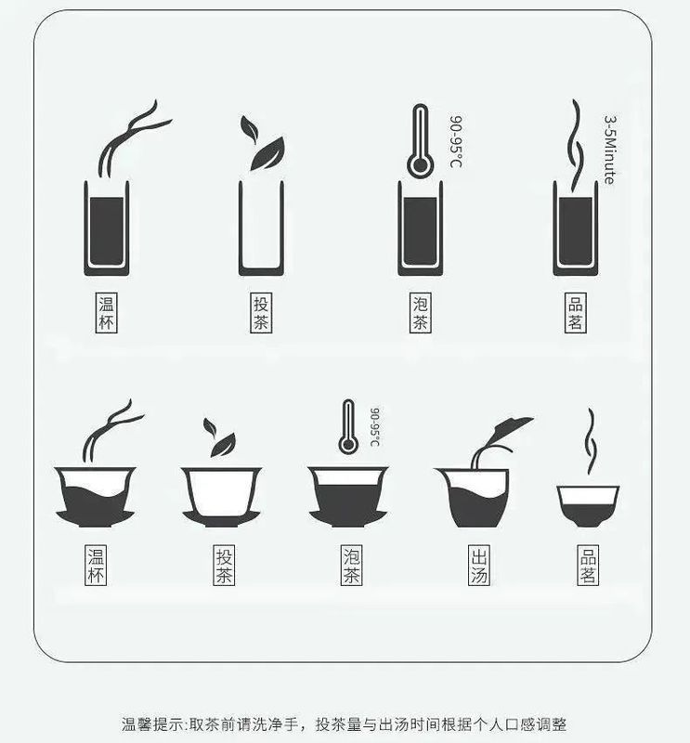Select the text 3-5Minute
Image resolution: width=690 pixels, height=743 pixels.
pyautogui.click(x=609, y=150)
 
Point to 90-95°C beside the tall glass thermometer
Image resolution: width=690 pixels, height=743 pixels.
pyautogui.click(x=456, y=142)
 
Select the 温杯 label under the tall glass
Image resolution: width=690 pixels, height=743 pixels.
pyautogui.click(x=107, y=314)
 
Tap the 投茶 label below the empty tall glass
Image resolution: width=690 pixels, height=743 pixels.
pyautogui.click(x=261, y=314)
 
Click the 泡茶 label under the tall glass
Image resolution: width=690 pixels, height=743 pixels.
pyautogui.click(x=420, y=314)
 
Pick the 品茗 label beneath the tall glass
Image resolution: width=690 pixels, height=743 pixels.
pyautogui.click(x=574, y=314)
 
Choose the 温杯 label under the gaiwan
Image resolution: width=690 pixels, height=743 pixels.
pyautogui.click(x=96, y=566)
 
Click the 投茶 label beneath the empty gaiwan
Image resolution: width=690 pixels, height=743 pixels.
pyautogui.click(x=224, y=566)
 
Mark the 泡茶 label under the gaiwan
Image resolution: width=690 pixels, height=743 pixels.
pyautogui.click(x=351, y=566)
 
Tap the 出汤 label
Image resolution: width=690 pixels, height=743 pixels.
pyautogui.click(x=478, y=566)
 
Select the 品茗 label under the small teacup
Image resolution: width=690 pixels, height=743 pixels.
pyautogui.click(x=588, y=566)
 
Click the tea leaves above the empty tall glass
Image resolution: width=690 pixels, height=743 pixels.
pyautogui.click(x=263, y=144)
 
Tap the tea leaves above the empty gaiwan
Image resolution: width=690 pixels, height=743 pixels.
pyautogui.click(x=220, y=437)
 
